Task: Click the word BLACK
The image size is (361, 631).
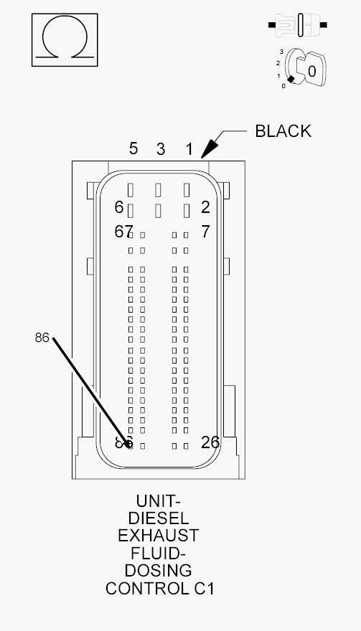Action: click(283, 131)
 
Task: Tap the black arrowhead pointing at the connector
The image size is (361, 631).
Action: click(209, 149)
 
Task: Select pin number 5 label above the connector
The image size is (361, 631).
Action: click(133, 148)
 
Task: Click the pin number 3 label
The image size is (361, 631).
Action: click(161, 149)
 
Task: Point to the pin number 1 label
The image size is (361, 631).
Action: click(189, 149)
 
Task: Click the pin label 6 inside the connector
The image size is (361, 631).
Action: click(119, 207)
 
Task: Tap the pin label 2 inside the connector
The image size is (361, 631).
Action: click(205, 207)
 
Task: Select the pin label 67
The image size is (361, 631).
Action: click(123, 232)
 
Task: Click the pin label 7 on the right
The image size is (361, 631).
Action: click(205, 232)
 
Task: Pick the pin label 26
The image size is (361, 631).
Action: click(210, 442)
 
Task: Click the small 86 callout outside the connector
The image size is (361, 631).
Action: click(42, 338)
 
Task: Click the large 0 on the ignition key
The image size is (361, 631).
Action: click(312, 72)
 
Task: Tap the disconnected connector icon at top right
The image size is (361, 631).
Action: click(298, 25)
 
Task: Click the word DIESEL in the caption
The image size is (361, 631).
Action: click(159, 518)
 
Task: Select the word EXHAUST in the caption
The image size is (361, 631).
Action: click(159, 536)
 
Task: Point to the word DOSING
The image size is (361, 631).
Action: click(159, 571)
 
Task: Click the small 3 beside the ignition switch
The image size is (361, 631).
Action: click(281, 52)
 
